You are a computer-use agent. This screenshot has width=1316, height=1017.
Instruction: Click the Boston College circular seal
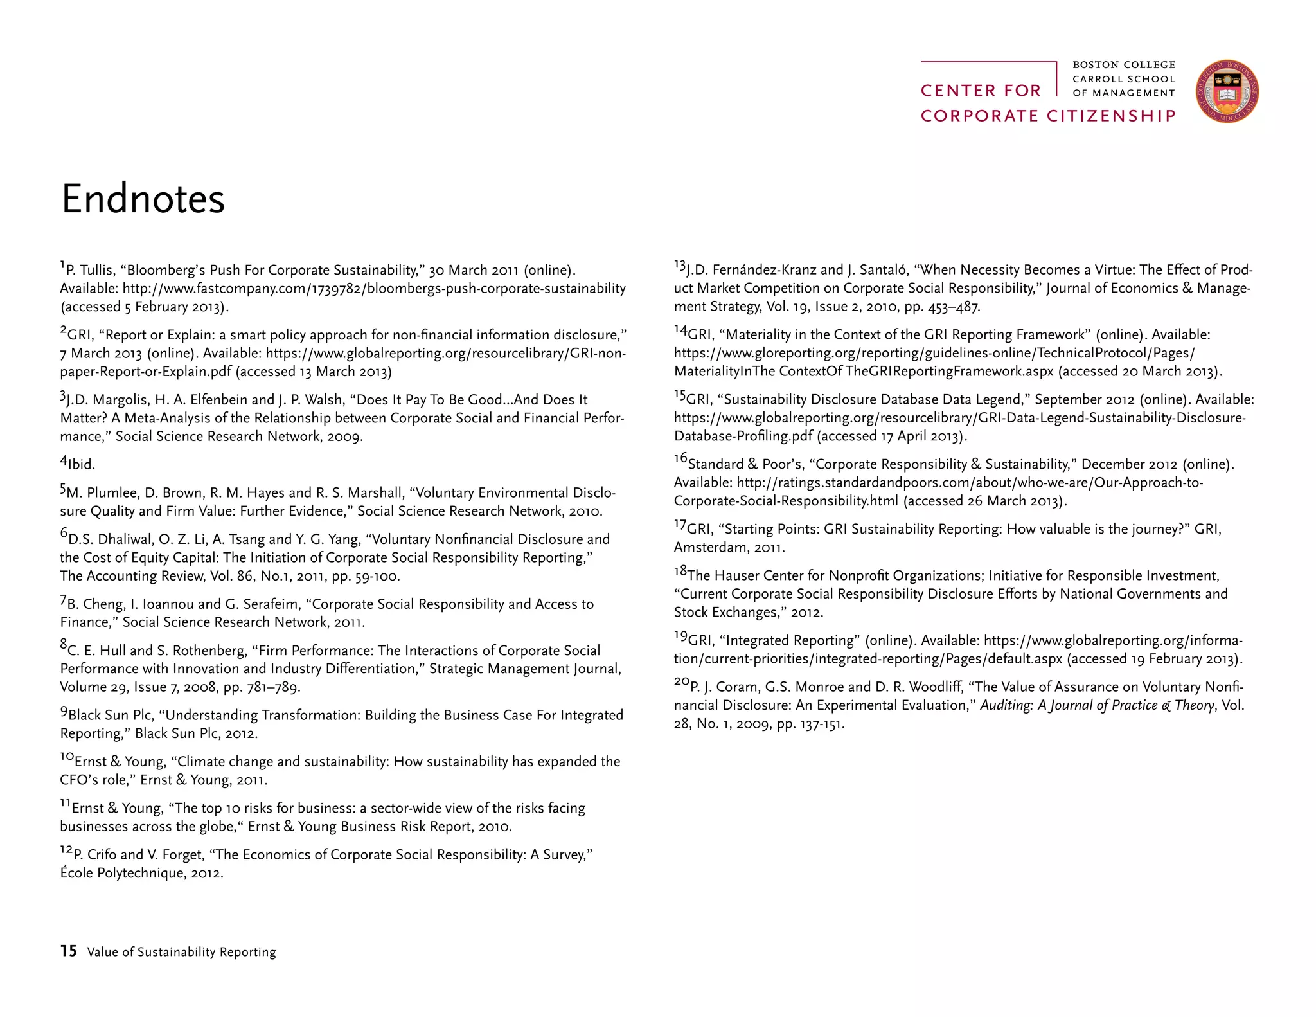tap(1227, 92)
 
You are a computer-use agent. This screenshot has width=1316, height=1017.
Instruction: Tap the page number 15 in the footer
tap(68, 951)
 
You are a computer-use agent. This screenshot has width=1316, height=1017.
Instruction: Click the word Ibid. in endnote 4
tap(81, 464)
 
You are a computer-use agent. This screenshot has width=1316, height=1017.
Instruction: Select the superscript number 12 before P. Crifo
tap(66, 850)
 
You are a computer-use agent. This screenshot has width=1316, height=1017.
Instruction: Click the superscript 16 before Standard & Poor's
tap(680, 459)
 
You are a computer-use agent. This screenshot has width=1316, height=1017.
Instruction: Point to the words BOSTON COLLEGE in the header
tap(1124, 65)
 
